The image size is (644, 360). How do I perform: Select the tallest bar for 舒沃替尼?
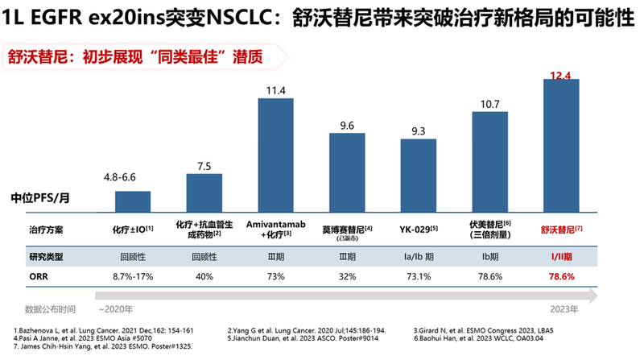562,146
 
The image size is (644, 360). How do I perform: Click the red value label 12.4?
562,76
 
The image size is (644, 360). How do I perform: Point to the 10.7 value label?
489,104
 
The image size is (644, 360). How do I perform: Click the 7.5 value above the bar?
204,166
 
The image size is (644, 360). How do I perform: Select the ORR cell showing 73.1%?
419,276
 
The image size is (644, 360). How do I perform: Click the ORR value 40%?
204,276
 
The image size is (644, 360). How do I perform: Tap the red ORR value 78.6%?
562,276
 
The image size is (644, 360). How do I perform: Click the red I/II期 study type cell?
562,255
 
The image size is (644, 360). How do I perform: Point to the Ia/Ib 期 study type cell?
419,255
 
